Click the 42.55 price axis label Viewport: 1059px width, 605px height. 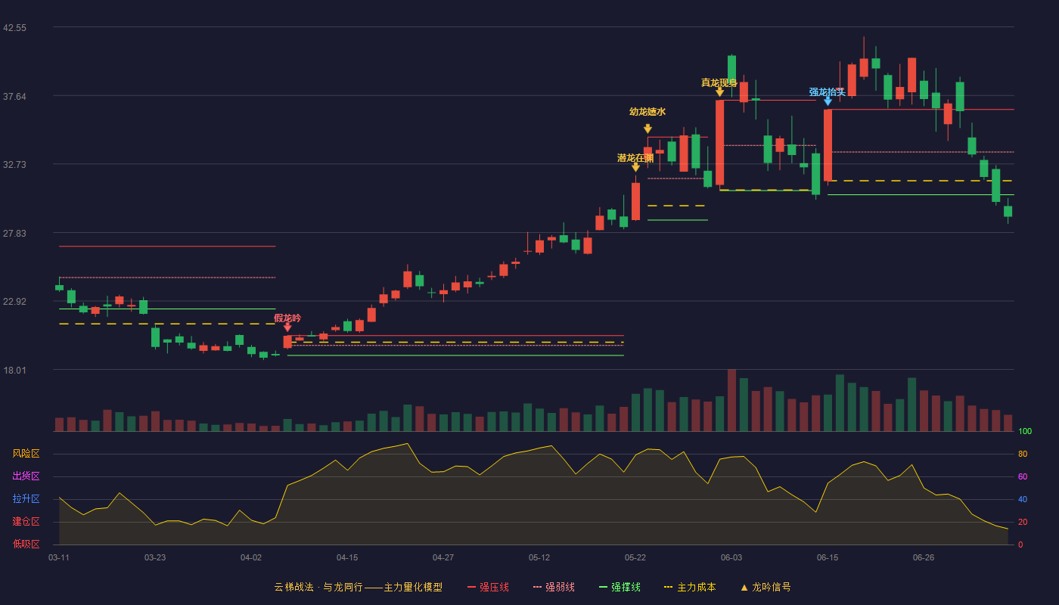coord(14,28)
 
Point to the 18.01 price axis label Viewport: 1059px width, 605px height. coord(14,370)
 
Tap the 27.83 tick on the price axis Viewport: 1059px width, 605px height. coord(14,234)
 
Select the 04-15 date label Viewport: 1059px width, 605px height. coord(347,558)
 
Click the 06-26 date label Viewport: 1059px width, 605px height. coord(924,558)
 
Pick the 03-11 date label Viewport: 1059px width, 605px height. coord(59,558)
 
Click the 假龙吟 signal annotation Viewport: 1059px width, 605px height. coord(287,318)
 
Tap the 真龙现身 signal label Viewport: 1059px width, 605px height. coord(719,82)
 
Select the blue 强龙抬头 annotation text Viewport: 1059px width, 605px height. coord(827,92)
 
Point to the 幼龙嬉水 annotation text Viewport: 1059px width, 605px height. coord(648,112)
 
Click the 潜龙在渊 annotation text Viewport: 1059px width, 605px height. coord(635,158)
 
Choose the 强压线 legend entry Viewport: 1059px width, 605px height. coord(488,587)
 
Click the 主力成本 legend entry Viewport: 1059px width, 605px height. coord(690,587)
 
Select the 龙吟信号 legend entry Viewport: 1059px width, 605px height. coord(766,587)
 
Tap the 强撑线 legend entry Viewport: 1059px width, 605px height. coord(620,587)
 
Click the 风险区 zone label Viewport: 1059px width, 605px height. coord(26,453)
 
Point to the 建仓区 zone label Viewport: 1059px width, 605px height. coord(26,521)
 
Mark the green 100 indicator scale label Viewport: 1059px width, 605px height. coord(1025,431)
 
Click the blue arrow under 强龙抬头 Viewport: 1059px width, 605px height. coord(828,101)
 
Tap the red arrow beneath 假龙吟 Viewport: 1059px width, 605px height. coord(287,327)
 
